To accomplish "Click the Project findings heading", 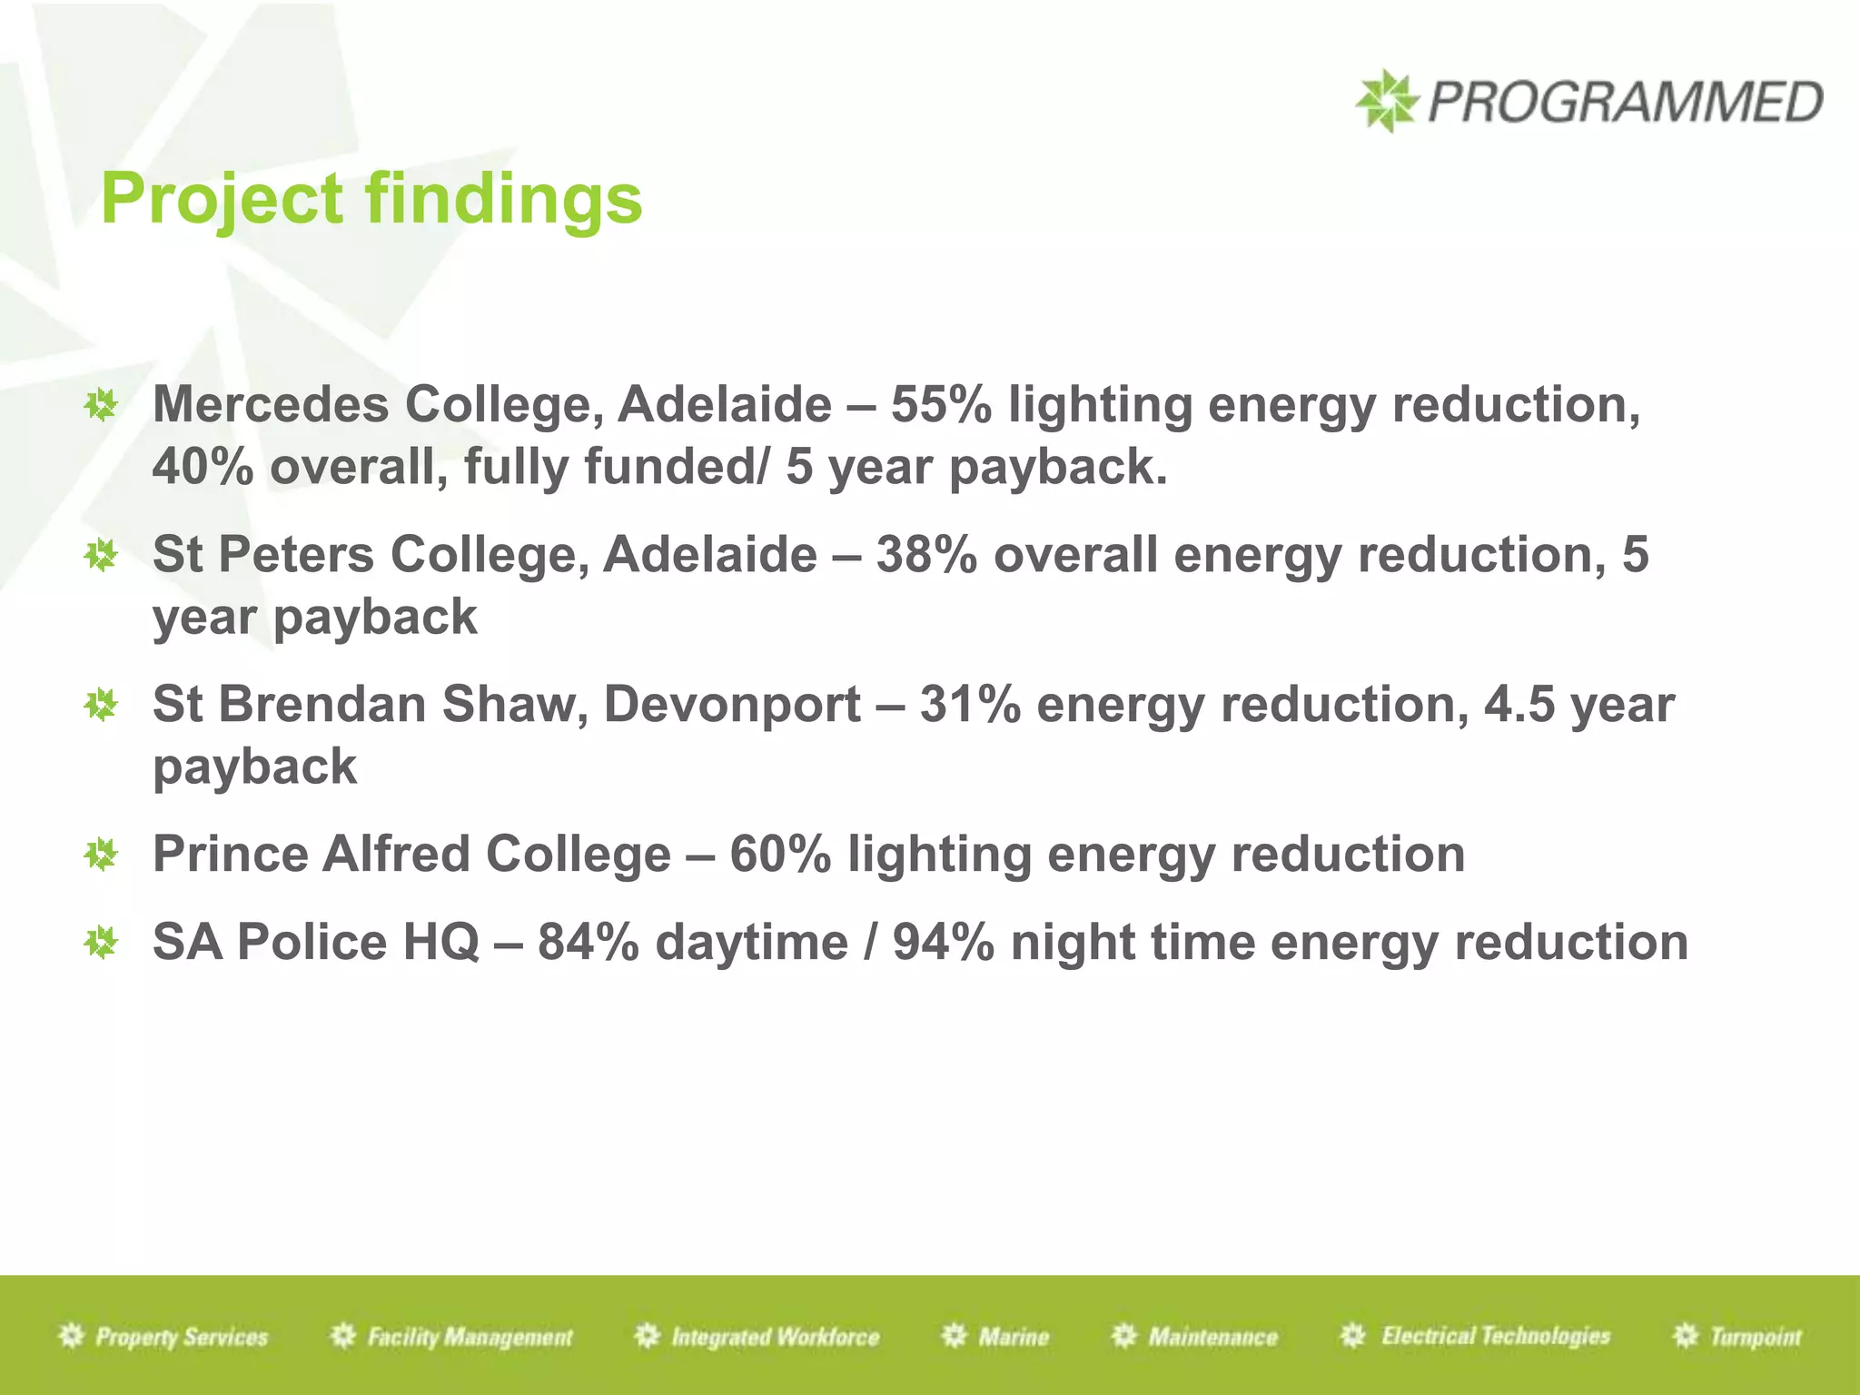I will tap(371, 200).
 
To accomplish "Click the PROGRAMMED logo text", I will tap(1624, 102).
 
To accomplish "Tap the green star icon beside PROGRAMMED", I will tap(1385, 101).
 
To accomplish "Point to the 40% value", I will tap(202, 467).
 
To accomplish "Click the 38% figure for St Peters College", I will tap(925, 555).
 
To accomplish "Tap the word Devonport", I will tap(732, 705).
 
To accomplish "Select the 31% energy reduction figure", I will tap(969, 705).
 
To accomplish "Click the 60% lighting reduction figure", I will tap(779, 855).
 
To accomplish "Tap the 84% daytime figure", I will tap(588, 943).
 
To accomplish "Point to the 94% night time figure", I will tap(943, 943).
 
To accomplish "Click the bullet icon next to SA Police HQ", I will tap(101, 943).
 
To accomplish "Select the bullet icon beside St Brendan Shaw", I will tap(101, 705).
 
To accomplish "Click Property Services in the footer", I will tap(181, 1337).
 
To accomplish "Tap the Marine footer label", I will tap(1013, 1337).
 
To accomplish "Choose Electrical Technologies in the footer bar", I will tap(1495, 1336).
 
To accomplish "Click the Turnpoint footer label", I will tap(1755, 1337).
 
